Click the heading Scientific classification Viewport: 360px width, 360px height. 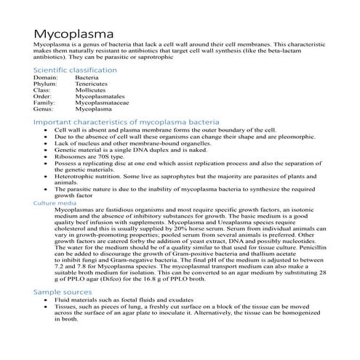coord(75,70)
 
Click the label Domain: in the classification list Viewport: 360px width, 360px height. coord(45,77)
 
